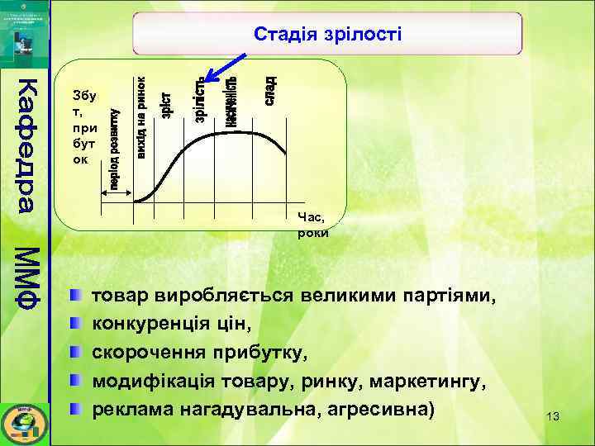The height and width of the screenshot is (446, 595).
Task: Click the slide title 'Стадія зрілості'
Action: [x=327, y=34]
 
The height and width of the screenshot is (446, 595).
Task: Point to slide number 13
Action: [x=553, y=417]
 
